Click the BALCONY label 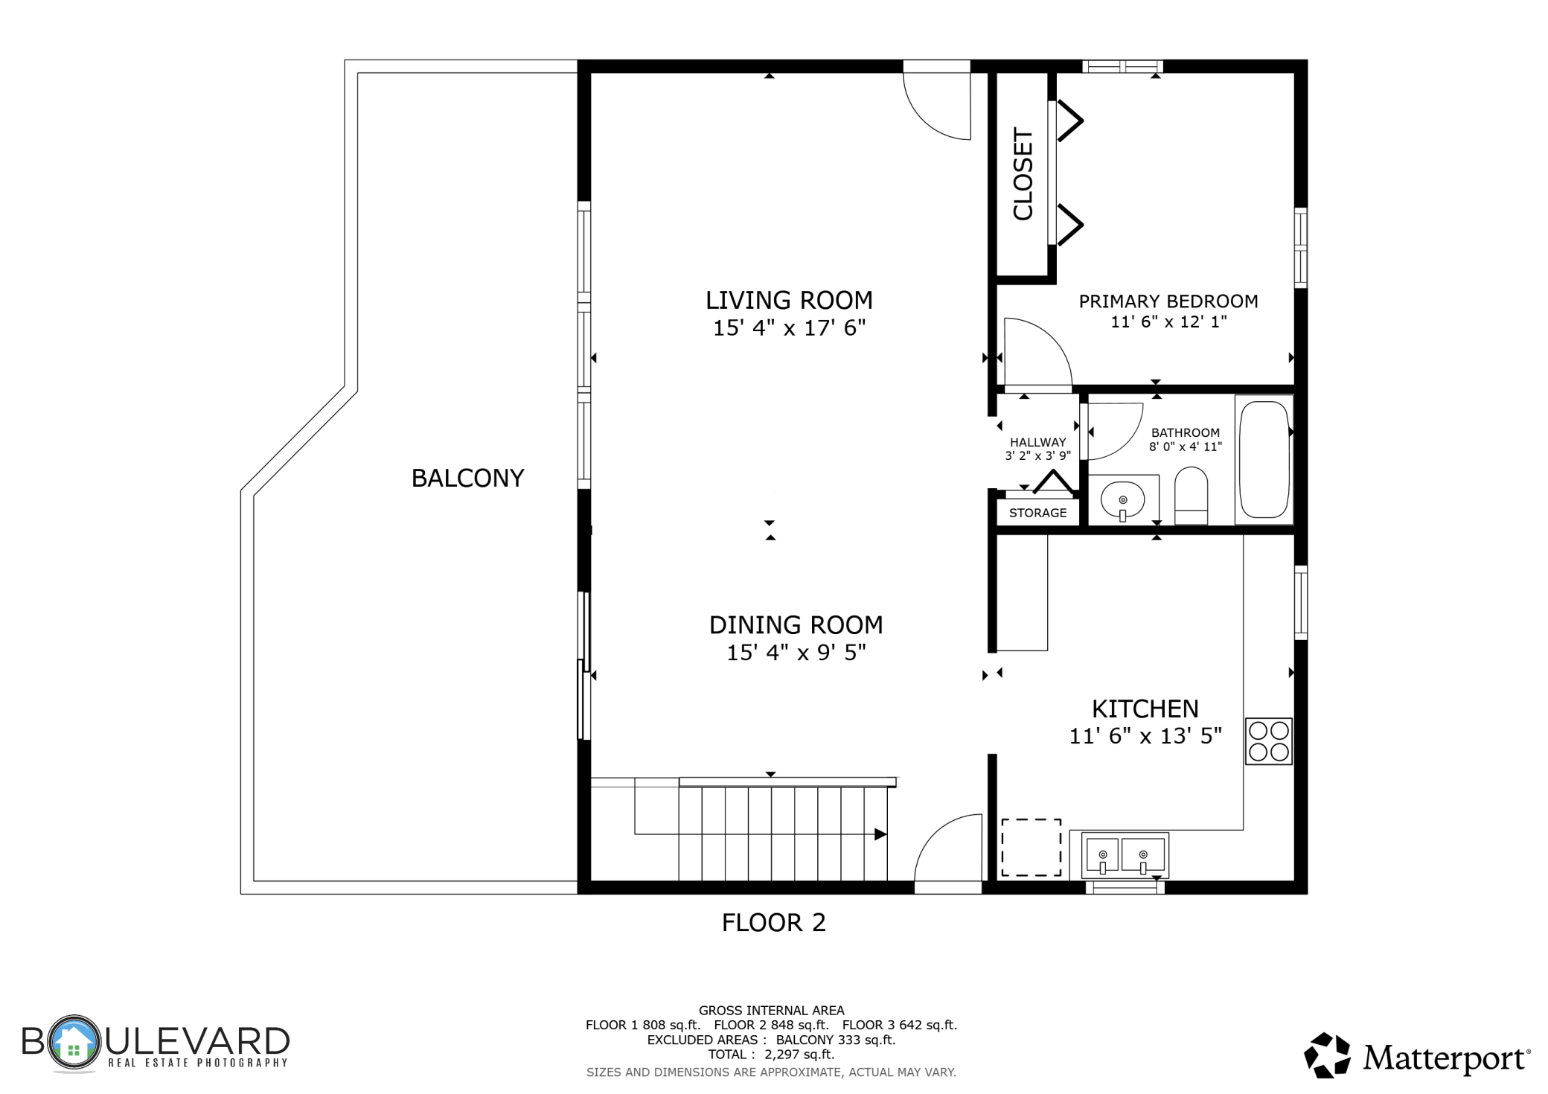tap(467, 478)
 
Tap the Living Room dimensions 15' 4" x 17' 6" tap(790, 328)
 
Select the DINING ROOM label tap(796, 625)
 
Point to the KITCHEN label tap(1145, 708)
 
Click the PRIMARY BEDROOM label tap(1168, 301)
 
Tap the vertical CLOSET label tap(1024, 174)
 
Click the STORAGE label tap(1037, 513)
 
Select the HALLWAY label tap(1037, 443)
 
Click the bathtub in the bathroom tap(1264, 459)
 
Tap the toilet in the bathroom tap(1191, 496)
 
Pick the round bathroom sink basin tap(1122, 500)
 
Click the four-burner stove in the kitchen tap(1269, 741)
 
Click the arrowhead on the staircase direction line tap(880, 834)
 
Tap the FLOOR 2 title tap(774, 923)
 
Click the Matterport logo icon tap(1327, 1055)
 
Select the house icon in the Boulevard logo tap(73, 1043)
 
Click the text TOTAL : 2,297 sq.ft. tap(771, 1055)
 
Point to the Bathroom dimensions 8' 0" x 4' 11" tap(1186, 447)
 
